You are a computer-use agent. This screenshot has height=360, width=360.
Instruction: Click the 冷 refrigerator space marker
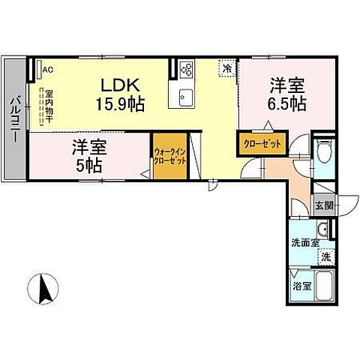point(226,68)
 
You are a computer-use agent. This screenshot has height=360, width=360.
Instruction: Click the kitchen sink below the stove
point(186,97)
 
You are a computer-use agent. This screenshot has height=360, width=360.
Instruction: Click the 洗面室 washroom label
point(305,241)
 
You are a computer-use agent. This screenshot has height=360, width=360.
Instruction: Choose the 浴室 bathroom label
point(301,286)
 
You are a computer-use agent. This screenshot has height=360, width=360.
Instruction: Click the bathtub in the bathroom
point(325,286)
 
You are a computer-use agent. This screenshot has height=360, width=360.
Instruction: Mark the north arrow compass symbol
point(43,289)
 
